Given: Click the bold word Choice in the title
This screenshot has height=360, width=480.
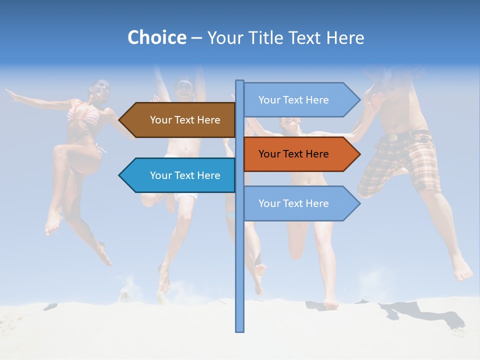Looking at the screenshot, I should (156, 37).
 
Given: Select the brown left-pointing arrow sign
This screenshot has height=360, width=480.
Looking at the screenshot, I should (180, 120).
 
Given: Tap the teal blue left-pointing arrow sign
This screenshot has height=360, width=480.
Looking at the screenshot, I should (180, 175).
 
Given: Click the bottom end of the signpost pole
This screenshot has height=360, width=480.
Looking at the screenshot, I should (240, 330).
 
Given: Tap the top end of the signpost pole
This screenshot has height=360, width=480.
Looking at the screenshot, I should (240, 81).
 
